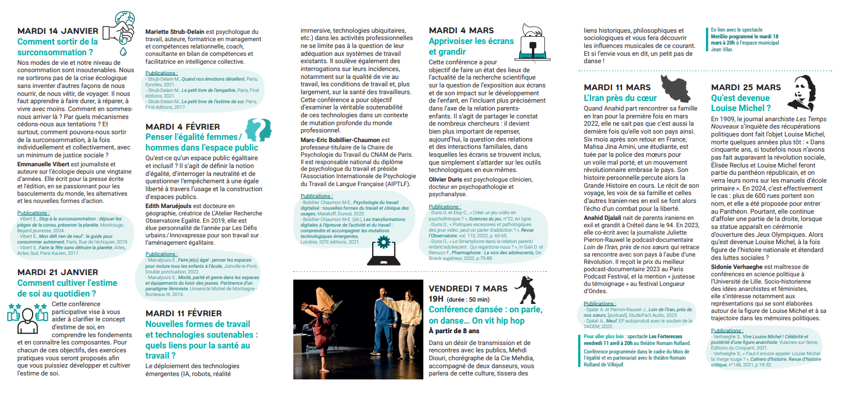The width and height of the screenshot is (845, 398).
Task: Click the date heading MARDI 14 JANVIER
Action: click(58, 30)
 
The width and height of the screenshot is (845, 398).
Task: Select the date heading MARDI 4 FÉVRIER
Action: click(182, 126)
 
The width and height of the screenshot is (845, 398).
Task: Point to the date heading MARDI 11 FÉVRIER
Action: click(184, 313)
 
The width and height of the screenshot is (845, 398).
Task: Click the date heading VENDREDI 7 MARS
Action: click(470, 288)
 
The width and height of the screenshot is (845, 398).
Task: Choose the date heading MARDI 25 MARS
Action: click(746, 87)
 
